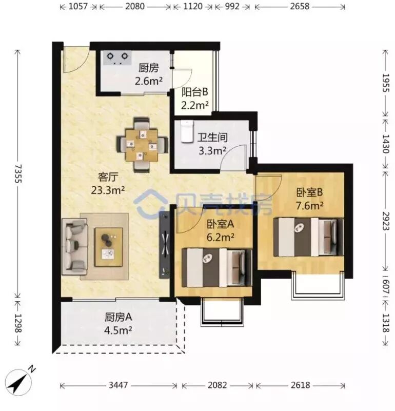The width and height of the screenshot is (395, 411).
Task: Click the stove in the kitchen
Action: coord(117,58)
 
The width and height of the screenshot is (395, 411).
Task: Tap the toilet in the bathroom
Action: coord(187,131)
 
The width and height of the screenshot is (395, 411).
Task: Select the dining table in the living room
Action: coord(142,145)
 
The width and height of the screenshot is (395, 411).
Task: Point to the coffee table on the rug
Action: coord(109,247)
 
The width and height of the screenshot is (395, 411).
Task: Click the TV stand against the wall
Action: coord(164,245)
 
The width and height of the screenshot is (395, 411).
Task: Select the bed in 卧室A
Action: coord(217,268)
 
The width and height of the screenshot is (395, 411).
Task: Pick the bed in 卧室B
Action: coord(308,237)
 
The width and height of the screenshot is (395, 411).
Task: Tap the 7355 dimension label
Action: coord(18,174)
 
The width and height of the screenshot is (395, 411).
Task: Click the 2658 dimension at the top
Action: coord(300,6)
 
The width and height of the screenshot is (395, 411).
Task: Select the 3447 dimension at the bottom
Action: coord(118,385)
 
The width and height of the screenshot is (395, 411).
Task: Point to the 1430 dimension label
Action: coord(386,144)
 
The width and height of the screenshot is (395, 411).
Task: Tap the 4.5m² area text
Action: coord(118,331)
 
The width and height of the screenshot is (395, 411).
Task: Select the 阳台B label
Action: coord(195,92)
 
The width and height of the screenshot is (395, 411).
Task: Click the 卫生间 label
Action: coord(212,138)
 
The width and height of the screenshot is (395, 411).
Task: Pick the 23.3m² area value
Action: coord(108,190)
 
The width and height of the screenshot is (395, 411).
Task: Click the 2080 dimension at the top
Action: coord(135,6)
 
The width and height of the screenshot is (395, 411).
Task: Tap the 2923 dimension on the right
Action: coord(386,221)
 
